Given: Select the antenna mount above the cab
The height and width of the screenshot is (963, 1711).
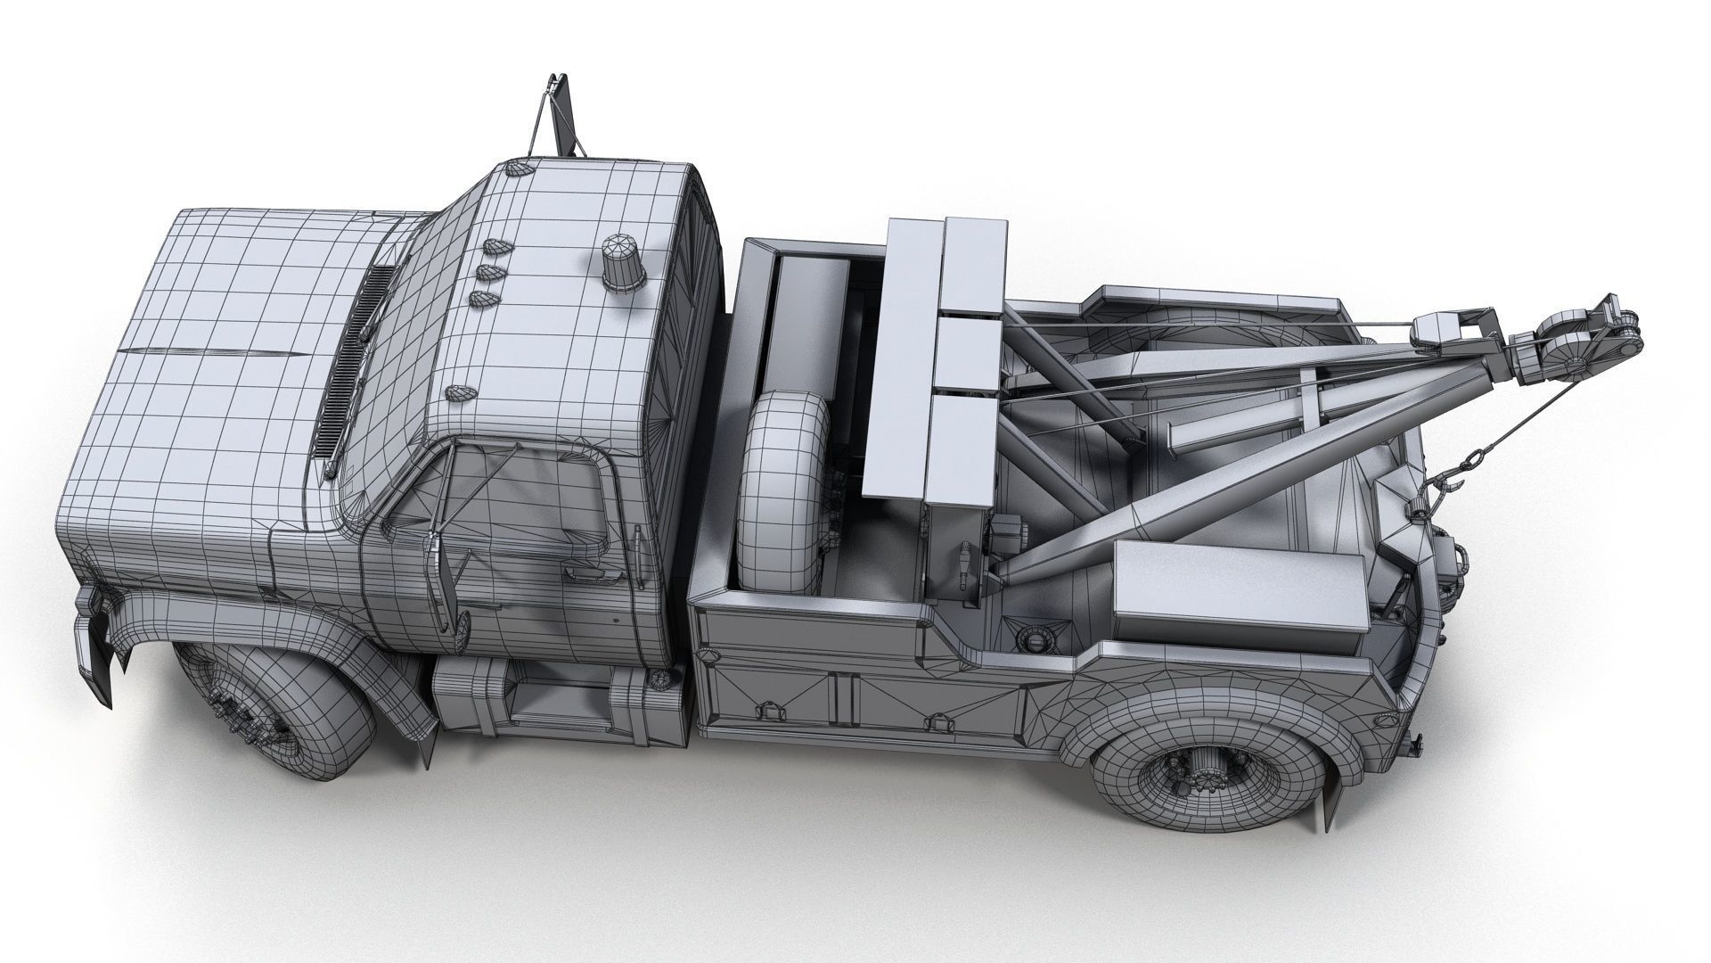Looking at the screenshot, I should (560, 116).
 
